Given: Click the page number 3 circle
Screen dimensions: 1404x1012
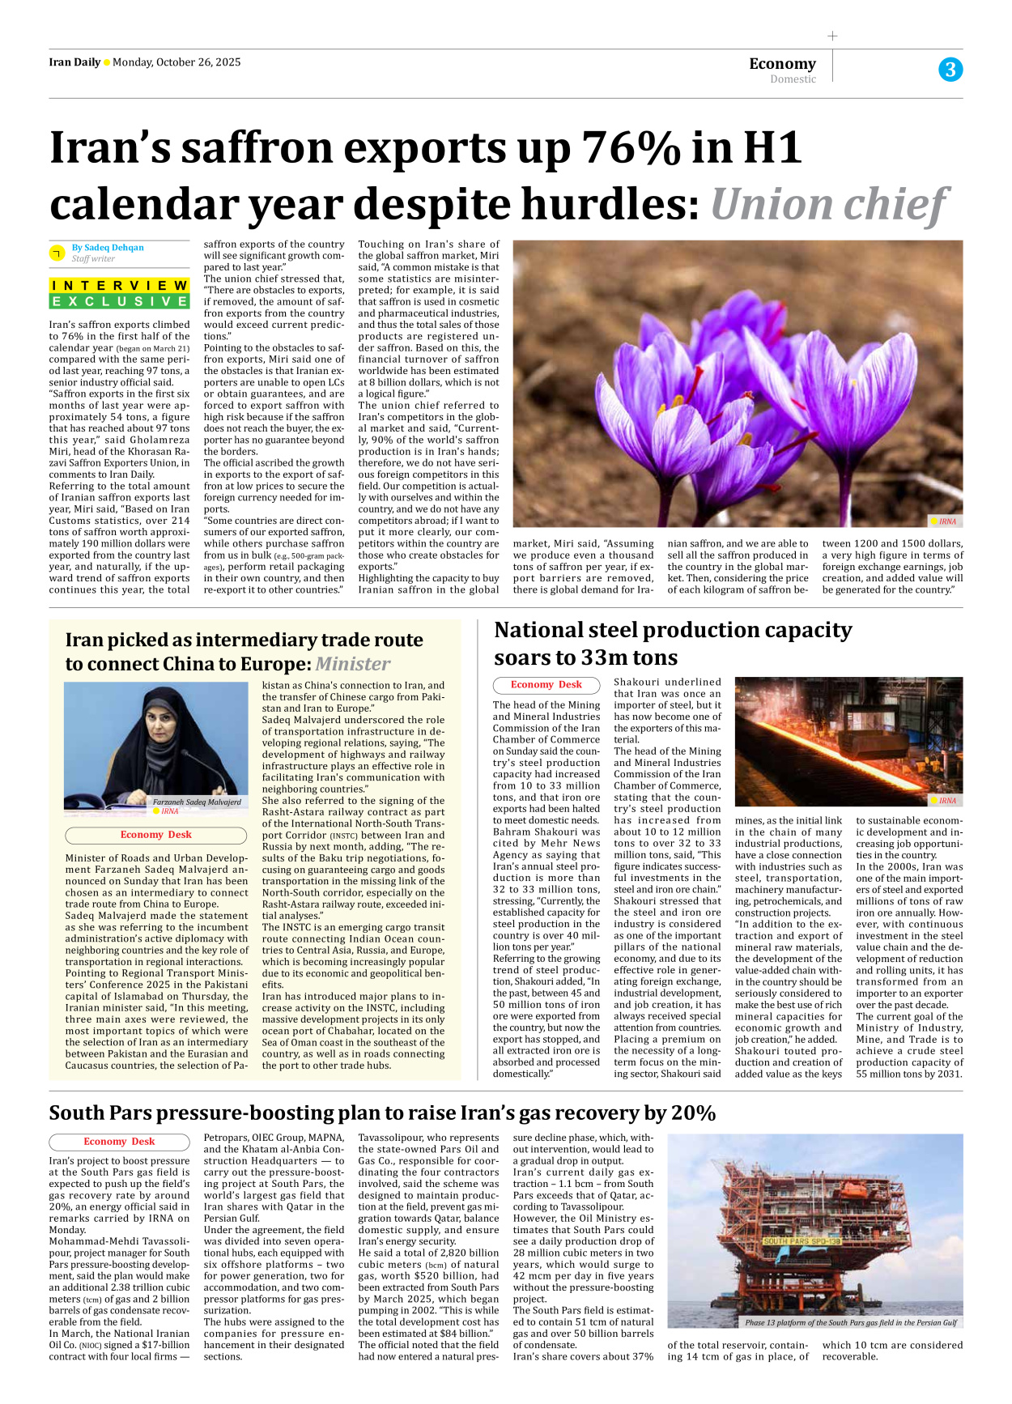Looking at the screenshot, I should (950, 70).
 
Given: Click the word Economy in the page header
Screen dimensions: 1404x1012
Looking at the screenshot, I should (782, 63).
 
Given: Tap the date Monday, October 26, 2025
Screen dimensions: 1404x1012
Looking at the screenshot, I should (176, 62).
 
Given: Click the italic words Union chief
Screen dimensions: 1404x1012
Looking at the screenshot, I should (828, 204).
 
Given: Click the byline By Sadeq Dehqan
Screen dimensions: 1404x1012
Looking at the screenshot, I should (108, 248).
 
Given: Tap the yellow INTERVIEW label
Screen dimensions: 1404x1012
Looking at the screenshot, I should (120, 285).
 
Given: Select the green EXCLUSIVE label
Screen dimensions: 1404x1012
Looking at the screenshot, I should (120, 301).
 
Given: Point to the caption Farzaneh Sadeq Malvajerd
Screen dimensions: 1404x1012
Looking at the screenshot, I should (197, 802).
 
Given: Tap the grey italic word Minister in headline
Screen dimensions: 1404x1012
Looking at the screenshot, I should (352, 664).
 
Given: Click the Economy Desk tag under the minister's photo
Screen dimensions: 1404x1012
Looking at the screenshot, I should (155, 835).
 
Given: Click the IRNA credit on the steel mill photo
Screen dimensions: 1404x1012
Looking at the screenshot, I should (946, 800).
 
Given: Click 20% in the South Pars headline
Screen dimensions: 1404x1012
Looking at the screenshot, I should (692, 1113).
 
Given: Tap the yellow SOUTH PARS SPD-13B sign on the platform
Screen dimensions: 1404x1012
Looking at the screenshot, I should (802, 1240).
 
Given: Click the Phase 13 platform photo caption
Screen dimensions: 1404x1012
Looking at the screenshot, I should (850, 1322).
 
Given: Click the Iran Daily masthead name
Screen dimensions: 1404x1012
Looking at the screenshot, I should (74, 62).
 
